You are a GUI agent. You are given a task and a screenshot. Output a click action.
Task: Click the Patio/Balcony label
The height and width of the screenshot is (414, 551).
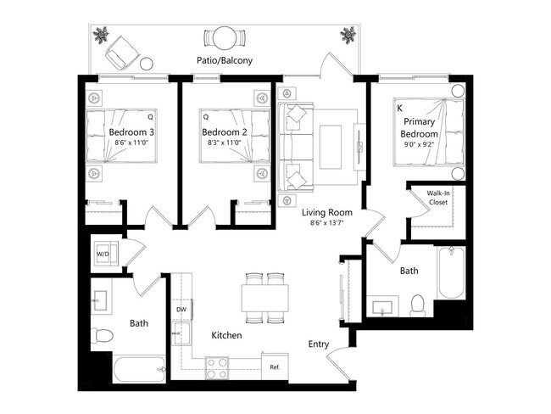click(x=225, y=61)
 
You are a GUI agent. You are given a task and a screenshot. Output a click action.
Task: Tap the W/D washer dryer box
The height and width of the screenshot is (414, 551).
click(x=104, y=254)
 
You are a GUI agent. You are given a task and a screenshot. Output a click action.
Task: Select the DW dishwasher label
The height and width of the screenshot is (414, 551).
click(x=181, y=310)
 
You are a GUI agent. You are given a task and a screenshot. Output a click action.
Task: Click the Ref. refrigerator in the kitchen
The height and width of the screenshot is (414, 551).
click(x=275, y=366)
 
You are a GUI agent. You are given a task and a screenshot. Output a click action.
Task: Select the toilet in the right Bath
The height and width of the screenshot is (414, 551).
click(x=417, y=305)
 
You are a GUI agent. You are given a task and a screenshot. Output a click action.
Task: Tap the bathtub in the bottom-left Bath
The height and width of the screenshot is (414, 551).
click(x=140, y=370)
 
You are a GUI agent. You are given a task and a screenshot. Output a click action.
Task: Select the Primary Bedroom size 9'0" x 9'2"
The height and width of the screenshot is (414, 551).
click(x=419, y=146)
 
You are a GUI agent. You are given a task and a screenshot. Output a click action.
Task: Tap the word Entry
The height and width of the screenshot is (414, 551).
click(x=319, y=344)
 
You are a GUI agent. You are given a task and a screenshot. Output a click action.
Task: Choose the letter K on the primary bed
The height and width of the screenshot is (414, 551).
click(x=399, y=109)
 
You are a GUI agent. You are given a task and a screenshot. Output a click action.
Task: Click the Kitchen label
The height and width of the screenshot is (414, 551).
click(x=226, y=335)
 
